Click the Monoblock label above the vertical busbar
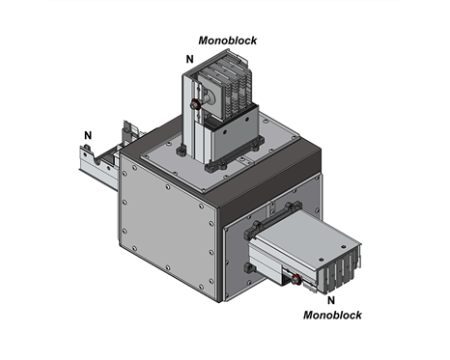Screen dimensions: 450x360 pos(228,41)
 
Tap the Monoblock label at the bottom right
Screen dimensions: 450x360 pos(332,315)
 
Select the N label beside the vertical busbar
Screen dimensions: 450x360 pos(190,59)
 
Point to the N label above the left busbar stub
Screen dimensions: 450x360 pos(88,135)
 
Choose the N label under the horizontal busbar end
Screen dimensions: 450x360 pos(331,300)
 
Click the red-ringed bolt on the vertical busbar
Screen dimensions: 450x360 pos(195,104)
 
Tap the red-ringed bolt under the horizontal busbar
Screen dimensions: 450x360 pos(295,280)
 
